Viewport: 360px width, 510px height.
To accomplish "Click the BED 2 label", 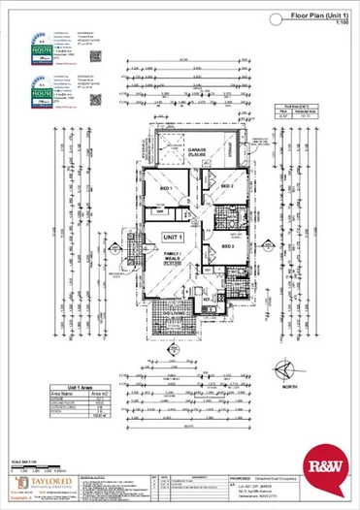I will click(228, 184).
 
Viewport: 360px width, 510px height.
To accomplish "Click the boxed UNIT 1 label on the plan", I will click(173, 237).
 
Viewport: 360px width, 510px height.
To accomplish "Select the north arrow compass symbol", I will click(283, 367).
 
